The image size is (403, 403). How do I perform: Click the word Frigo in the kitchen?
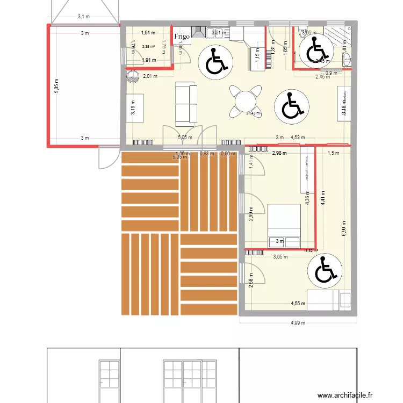(182, 37)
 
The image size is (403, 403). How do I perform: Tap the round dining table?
(245, 100)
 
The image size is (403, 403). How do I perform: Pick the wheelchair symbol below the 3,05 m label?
(325, 272)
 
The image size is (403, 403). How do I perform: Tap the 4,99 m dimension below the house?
(297, 323)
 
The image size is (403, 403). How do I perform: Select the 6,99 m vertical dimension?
(344, 230)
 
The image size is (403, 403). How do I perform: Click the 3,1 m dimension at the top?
(83, 17)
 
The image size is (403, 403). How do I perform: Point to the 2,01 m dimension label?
(150, 76)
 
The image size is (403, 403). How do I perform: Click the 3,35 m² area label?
(148, 47)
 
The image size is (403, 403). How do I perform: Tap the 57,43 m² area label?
(253, 113)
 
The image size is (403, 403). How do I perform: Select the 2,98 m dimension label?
(279, 153)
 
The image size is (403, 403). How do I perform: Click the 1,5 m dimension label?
(333, 153)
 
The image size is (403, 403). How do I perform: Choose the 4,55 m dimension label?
(298, 304)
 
